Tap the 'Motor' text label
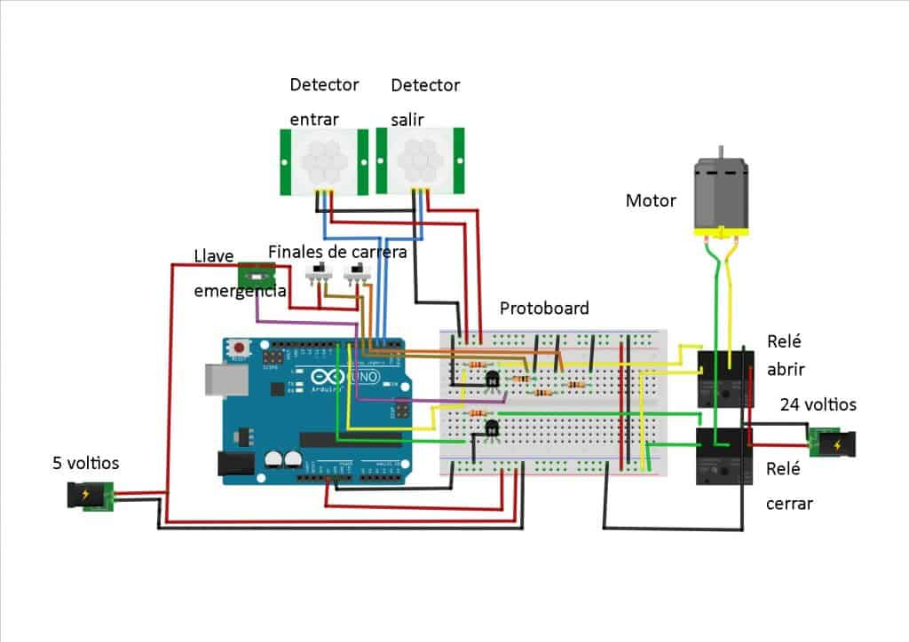point(651,201)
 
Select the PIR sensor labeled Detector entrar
point(323,161)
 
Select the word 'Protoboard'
point(544,309)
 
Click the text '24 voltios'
point(818,404)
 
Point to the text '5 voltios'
point(85,463)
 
